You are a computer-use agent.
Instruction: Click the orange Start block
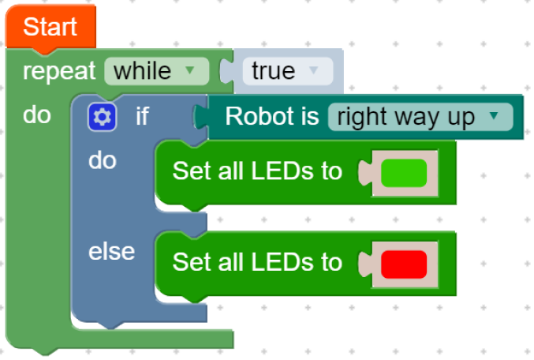(50, 27)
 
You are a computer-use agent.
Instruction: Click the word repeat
(60, 71)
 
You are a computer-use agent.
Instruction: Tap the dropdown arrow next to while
(189, 71)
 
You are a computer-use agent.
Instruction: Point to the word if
(142, 117)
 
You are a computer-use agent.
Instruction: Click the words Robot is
(271, 117)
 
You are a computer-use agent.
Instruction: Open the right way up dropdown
(419, 118)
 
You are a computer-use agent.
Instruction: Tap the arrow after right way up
(494, 117)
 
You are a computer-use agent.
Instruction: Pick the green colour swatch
(403, 172)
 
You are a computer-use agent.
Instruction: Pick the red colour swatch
(403, 263)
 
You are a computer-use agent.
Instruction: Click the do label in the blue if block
(103, 161)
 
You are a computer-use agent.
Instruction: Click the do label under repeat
(36, 115)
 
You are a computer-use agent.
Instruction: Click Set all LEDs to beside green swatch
(257, 171)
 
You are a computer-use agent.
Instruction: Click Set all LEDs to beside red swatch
(257, 262)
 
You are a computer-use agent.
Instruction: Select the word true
(273, 71)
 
